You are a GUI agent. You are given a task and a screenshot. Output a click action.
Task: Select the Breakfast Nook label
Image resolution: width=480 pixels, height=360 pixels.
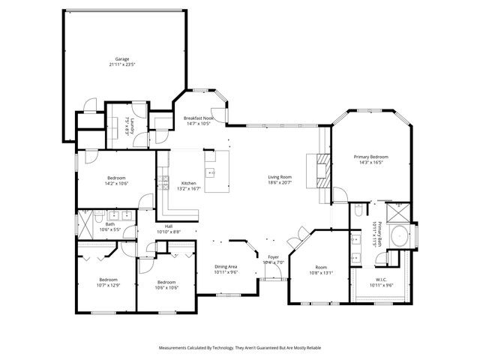coord(199,118)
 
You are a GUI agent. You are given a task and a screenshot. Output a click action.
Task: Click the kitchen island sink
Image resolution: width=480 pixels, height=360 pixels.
coord(211,172)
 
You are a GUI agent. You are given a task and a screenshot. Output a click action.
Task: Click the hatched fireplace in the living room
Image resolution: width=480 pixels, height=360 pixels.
coord(321,172)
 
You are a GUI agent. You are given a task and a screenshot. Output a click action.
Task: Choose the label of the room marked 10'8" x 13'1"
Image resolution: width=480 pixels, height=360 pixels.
coord(321,268)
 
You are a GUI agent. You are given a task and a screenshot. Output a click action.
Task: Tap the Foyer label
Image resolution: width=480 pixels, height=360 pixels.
coord(274,257)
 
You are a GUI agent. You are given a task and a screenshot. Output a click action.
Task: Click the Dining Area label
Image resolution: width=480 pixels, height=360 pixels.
coord(226,267)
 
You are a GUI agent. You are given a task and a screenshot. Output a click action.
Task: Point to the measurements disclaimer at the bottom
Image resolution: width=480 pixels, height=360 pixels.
coord(239,348)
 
